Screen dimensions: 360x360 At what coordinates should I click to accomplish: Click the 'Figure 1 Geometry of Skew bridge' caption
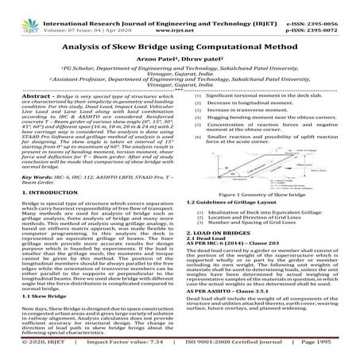coord(267,194)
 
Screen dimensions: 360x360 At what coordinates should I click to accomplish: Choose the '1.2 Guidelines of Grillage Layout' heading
coord(230,203)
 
